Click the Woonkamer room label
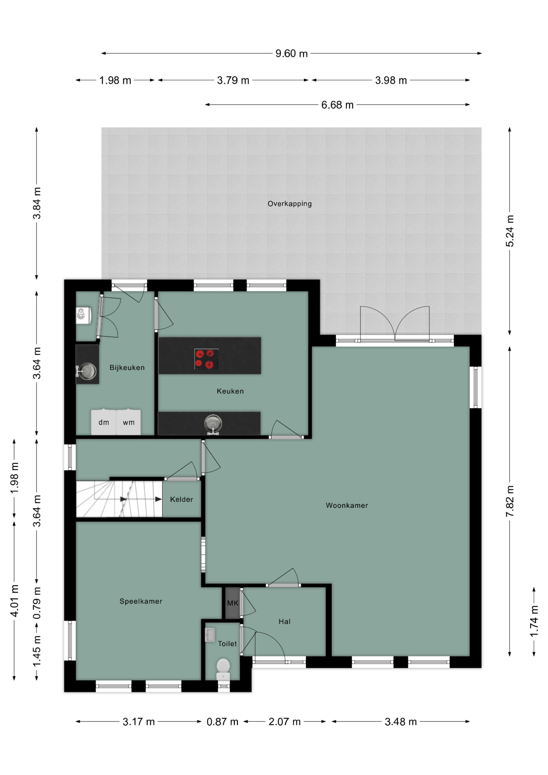click(x=347, y=505)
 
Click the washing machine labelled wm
click(x=129, y=422)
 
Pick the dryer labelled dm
click(x=104, y=422)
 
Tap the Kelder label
click(x=182, y=499)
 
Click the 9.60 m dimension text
click(x=292, y=53)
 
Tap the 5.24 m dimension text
click(x=510, y=231)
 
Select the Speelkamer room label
click(x=141, y=601)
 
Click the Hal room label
click(x=284, y=622)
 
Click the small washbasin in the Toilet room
click(x=210, y=634)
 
